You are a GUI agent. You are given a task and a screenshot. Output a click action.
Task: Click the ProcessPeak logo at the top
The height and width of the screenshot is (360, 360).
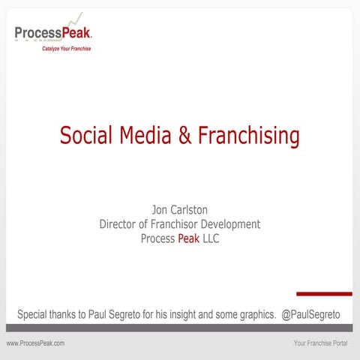click(53, 33)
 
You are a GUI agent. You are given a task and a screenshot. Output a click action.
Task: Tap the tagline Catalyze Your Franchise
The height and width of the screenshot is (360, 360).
click(67, 49)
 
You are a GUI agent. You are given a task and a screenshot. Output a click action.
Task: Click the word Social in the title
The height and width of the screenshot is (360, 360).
click(86, 136)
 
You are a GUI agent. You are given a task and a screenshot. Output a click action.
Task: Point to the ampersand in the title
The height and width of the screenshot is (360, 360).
click(185, 136)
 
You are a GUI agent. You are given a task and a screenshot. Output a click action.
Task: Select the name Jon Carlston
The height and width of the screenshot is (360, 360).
click(179, 211)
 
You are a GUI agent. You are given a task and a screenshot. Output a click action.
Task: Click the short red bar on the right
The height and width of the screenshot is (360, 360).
click(324, 293)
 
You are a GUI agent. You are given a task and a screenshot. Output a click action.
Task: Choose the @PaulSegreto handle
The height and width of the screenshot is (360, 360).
click(310, 314)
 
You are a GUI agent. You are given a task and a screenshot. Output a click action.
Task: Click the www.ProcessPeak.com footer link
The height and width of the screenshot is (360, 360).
click(35, 343)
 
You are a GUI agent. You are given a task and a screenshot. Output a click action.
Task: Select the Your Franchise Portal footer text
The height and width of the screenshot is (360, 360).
click(319, 343)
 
